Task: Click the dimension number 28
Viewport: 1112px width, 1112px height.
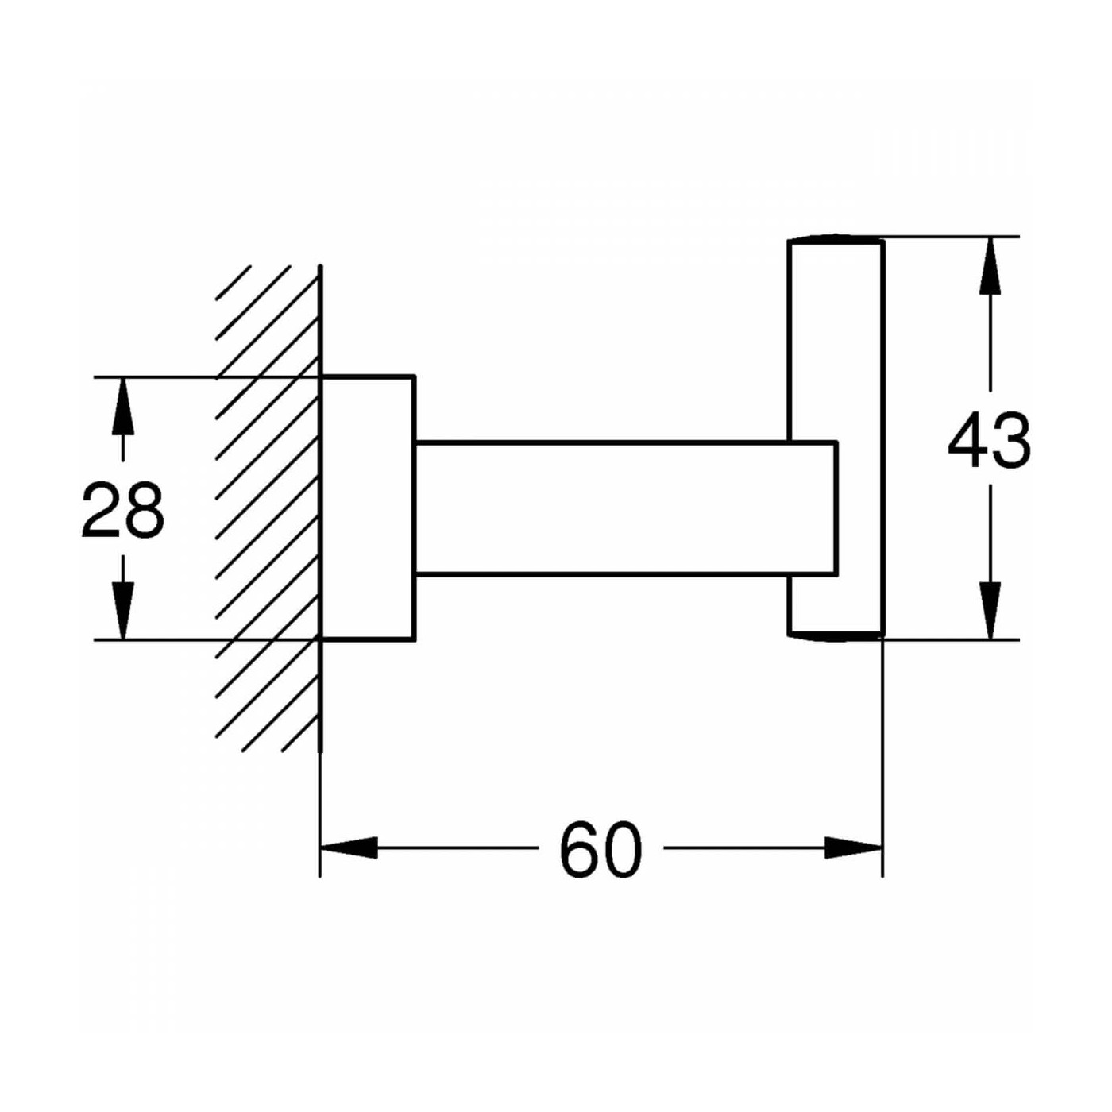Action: click(123, 510)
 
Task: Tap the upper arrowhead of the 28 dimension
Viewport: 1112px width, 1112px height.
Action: click(123, 405)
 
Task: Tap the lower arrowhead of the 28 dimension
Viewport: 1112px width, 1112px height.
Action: click(123, 611)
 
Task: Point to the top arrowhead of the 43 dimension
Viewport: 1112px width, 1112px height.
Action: click(990, 264)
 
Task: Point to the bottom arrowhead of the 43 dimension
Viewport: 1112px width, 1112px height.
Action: click(990, 611)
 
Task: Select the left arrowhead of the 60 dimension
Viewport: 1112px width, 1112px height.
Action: click(349, 848)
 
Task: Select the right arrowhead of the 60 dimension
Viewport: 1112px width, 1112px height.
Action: click(854, 848)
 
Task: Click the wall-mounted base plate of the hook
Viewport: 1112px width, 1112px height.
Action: click(368, 508)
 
